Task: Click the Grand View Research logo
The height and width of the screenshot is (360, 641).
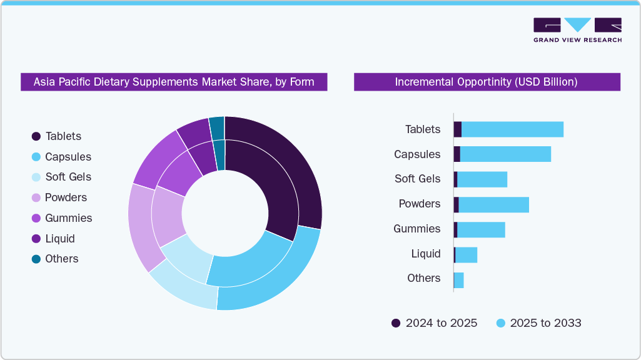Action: (x=577, y=30)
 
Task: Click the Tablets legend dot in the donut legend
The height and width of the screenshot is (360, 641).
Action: (x=36, y=136)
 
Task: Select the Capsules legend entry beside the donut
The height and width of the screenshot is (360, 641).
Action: (x=61, y=157)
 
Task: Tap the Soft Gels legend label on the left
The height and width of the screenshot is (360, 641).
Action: (x=68, y=177)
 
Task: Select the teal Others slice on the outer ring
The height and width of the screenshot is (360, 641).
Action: (x=217, y=127)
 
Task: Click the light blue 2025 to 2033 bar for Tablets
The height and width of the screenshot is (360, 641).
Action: (x=512, y=129)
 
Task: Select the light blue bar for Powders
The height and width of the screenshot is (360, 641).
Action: (x=493, y=204)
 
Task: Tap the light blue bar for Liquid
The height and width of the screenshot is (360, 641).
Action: (x=466, y=255)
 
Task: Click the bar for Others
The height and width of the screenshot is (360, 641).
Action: (x=458, y=280)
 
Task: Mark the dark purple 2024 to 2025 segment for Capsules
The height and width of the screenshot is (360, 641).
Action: (x=457, y=154)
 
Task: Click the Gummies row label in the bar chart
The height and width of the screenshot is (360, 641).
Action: (x=416, y=229)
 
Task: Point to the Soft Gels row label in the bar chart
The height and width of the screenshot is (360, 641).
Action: (x=417, y=179)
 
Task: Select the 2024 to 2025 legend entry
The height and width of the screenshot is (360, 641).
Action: (x=435, y=323)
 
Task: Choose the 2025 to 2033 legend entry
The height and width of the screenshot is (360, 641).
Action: (x=538, y=323)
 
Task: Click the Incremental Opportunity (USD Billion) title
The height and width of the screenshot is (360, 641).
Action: (x=487, y=82)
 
